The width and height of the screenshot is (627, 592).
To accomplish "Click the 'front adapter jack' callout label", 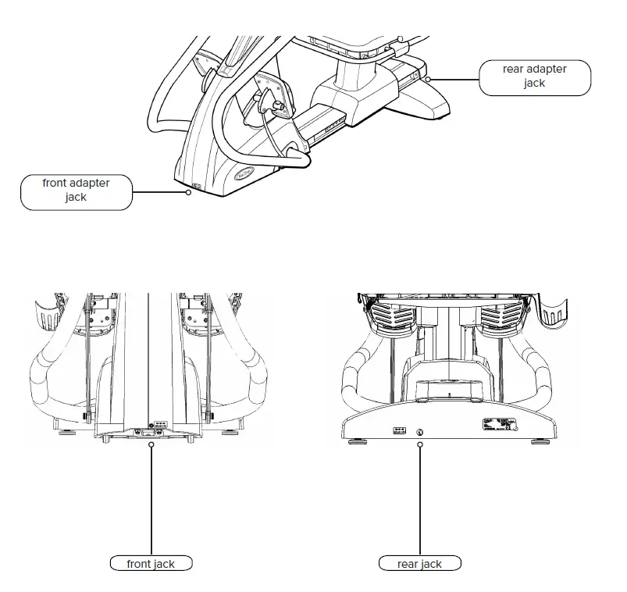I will pyautogui.click(x=77, y=191).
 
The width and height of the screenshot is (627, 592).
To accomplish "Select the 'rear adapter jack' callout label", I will pyautogui.click(x=535, y=77).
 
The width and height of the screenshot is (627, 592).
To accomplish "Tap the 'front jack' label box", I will pyautogui.click(x=151, y=564).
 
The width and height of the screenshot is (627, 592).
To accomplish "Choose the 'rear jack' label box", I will pyautogui.click(x=419, y=564).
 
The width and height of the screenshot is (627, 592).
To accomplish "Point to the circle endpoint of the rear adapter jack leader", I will pyautogui.click(x=429, y=79).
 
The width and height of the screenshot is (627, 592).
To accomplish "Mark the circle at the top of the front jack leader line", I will pyautogui.click(x=151, y=444).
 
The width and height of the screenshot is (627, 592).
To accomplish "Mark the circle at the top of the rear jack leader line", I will pyautogui.click(x=420, y=444).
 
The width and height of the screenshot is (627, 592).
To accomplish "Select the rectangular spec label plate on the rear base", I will pyautogui.click(x=500, y=424).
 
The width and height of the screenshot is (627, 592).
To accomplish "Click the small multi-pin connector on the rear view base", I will pyautogui.click(x=398, y=430).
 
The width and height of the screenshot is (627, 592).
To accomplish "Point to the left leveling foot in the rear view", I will pyautogui.click(x=357, y=442).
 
